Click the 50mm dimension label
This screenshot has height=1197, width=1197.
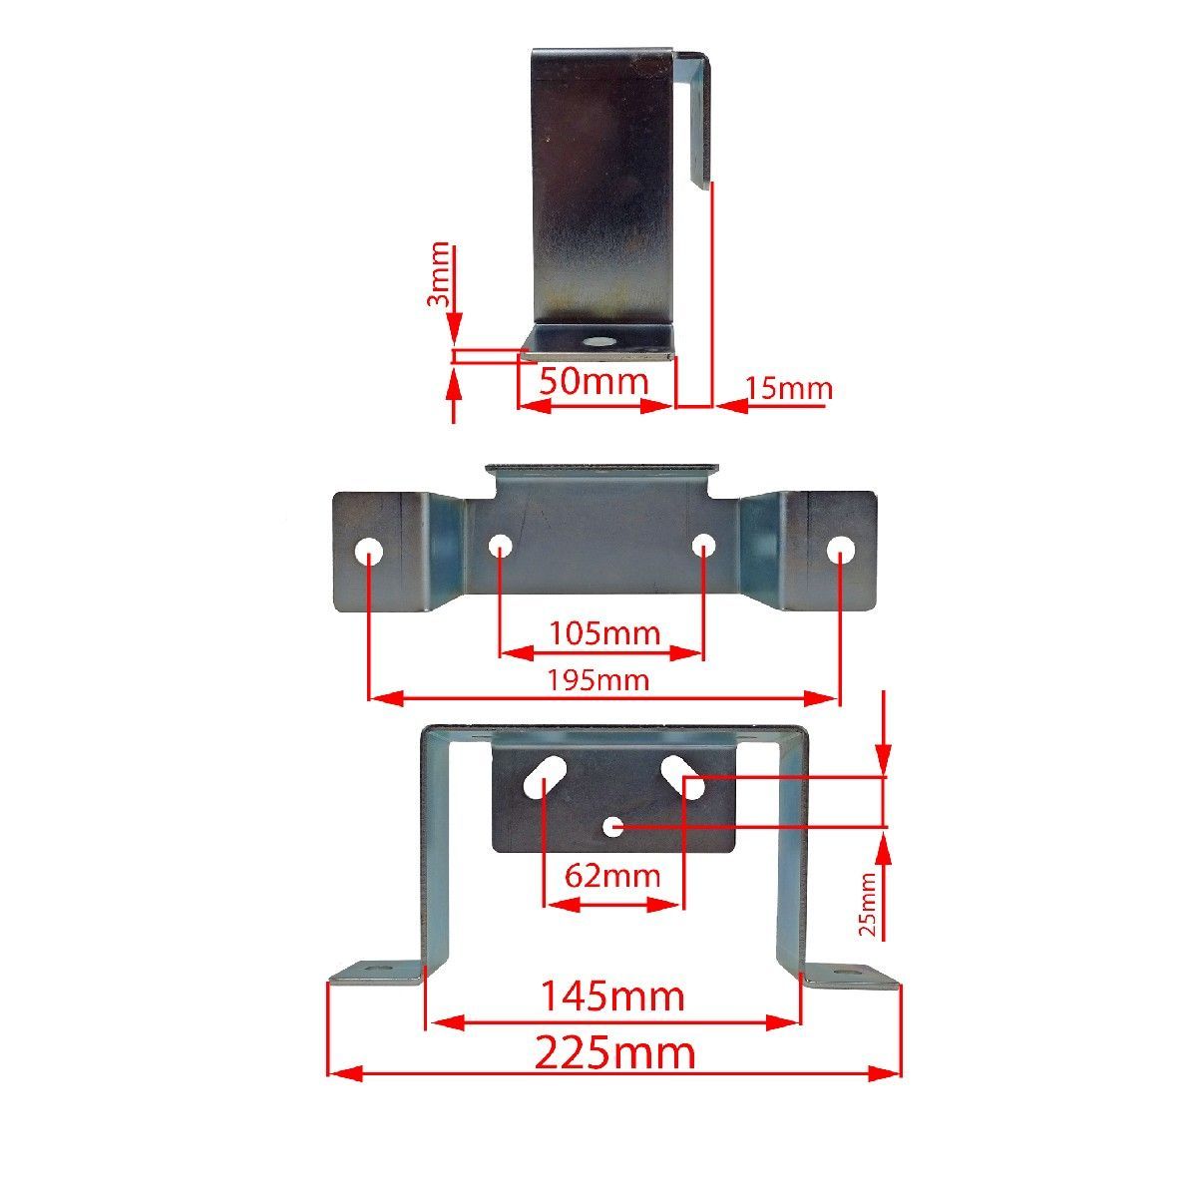click(594, 380)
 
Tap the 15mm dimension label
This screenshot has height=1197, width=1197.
click(789, 388)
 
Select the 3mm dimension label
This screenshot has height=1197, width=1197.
click(439, 273)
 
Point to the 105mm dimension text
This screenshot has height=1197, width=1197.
click(604, 633)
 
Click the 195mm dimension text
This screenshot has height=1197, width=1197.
click(598, 680)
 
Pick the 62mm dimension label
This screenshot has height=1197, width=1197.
click(611, 876)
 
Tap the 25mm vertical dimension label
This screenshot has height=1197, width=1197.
click(867, 904)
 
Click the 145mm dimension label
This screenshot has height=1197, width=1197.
click(612, 996)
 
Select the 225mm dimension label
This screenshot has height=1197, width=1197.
click(613, 1053)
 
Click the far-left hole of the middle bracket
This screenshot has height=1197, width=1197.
click(368, 551)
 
